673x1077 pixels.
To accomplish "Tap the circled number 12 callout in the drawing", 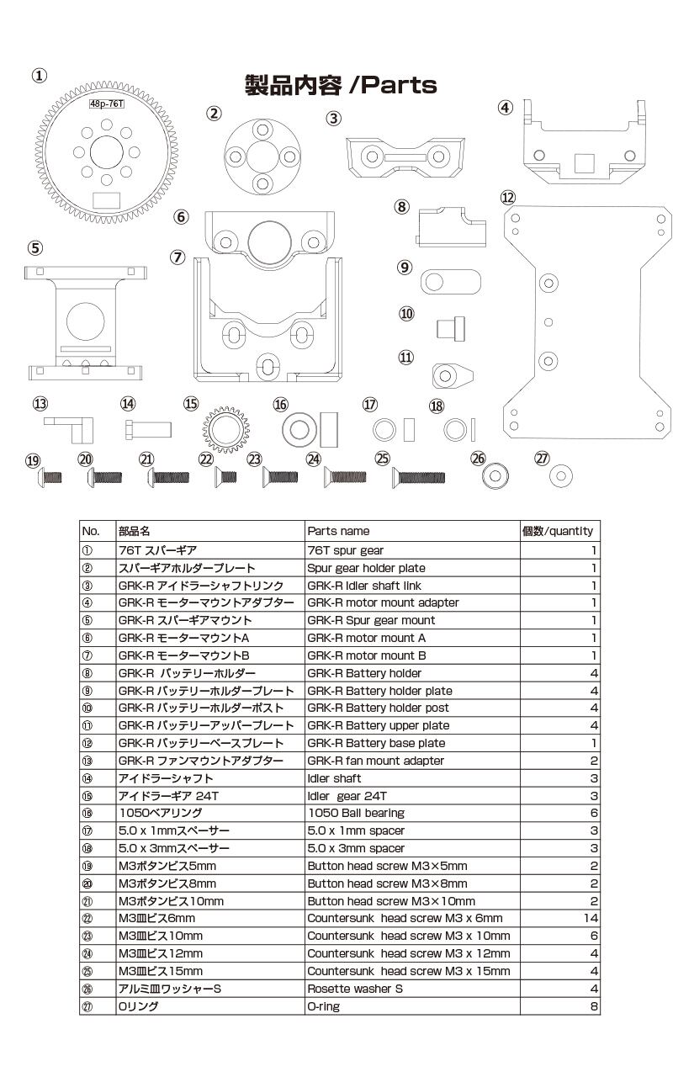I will click(507, 198).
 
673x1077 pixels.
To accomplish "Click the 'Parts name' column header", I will click(338, 531).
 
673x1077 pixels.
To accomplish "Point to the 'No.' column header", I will click(91, 531).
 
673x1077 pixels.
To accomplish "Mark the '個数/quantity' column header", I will click(558, 531).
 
